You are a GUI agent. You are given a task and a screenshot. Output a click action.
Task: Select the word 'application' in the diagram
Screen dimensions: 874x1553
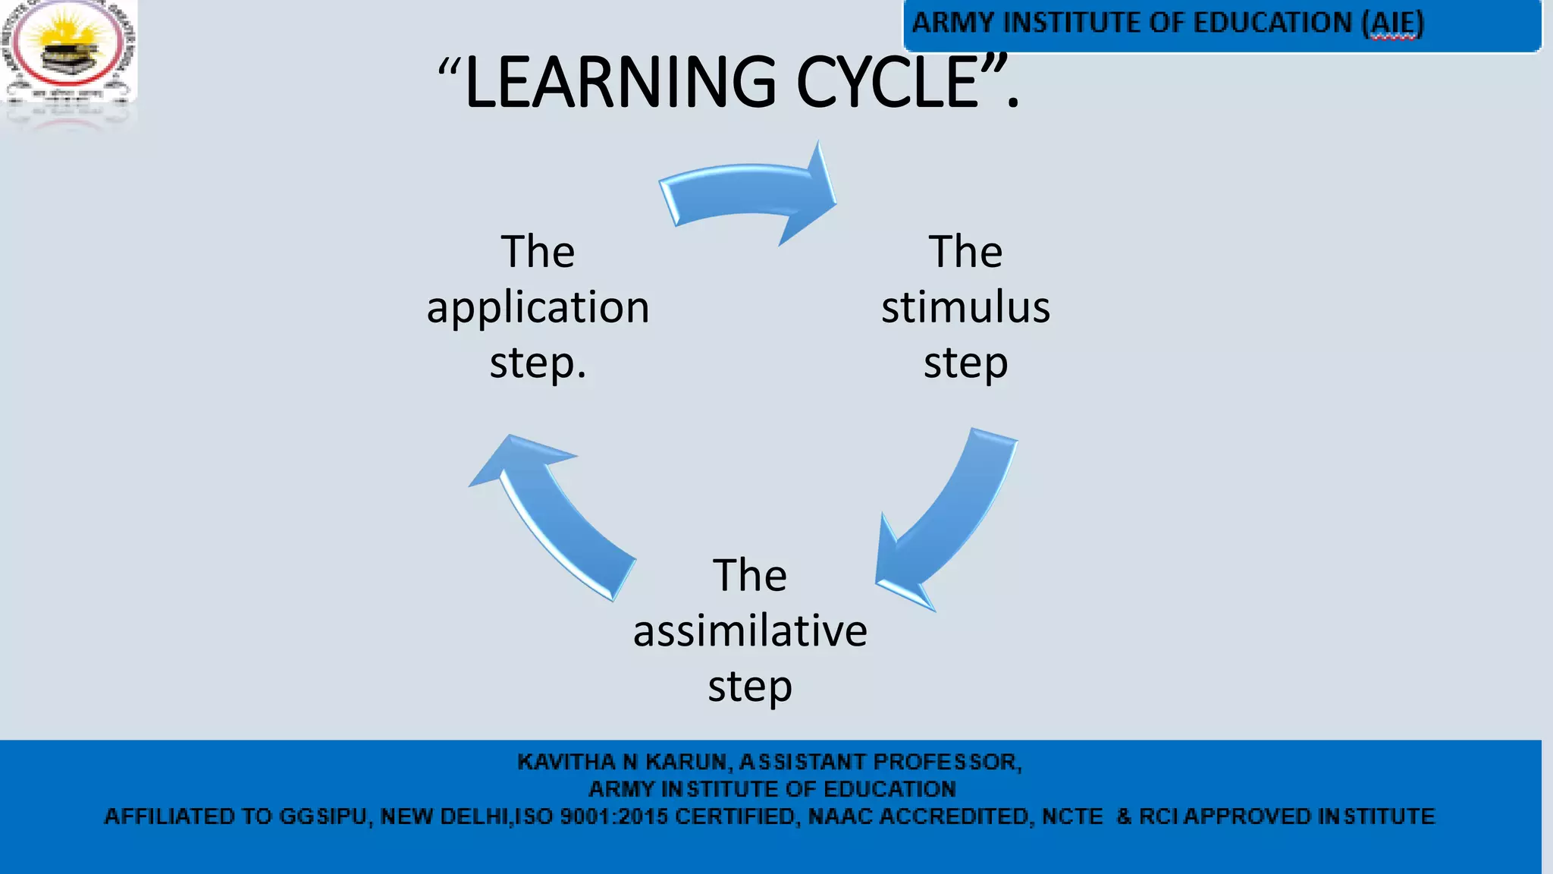tap(538, 307)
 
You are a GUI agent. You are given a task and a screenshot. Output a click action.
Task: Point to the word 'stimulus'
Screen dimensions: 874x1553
tap(965, 307)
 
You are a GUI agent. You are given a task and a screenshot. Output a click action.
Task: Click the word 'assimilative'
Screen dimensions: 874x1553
tap(750, 630)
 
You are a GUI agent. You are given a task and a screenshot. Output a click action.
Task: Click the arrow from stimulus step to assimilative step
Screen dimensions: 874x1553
tap(948, 516)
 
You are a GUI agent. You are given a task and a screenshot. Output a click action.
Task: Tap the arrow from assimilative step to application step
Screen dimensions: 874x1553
tap(554, 516)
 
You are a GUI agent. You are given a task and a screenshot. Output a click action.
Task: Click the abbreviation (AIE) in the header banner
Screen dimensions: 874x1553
tap(1393, 23)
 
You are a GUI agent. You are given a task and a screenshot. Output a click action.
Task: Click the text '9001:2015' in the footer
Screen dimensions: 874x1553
tap(614, 816)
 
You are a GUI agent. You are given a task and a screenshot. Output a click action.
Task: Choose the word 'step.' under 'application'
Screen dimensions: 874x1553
tap(538, 363)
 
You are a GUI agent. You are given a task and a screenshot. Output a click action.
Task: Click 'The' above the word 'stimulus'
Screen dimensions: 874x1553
tap(965, 252)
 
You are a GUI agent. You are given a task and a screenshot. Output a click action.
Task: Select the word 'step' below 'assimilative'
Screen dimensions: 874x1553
tap(750, 687)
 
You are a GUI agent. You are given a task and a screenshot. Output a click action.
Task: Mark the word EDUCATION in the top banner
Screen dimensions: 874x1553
tap(1272, 23)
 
